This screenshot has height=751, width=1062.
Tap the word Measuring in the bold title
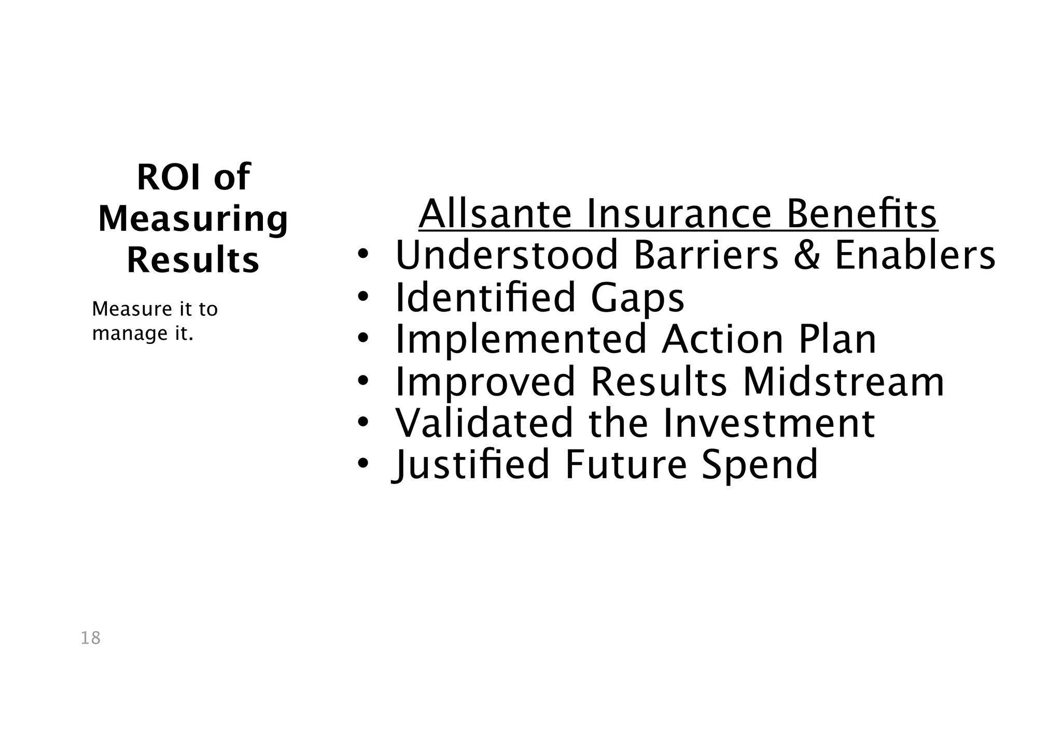click(193, 219)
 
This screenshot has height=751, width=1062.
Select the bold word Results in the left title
click(193, 260)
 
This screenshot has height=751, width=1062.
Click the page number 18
click(91, 638)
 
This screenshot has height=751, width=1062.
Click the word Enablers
click(915, 255)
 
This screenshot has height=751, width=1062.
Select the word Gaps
click(637, 298)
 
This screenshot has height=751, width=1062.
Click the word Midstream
click(843, 382)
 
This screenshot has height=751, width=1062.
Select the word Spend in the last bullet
click(759, 465)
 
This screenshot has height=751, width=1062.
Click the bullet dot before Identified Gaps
click(362, 297)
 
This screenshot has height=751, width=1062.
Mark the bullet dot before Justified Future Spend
click(362, 463)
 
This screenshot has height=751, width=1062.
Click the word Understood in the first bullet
click(507, 255)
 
